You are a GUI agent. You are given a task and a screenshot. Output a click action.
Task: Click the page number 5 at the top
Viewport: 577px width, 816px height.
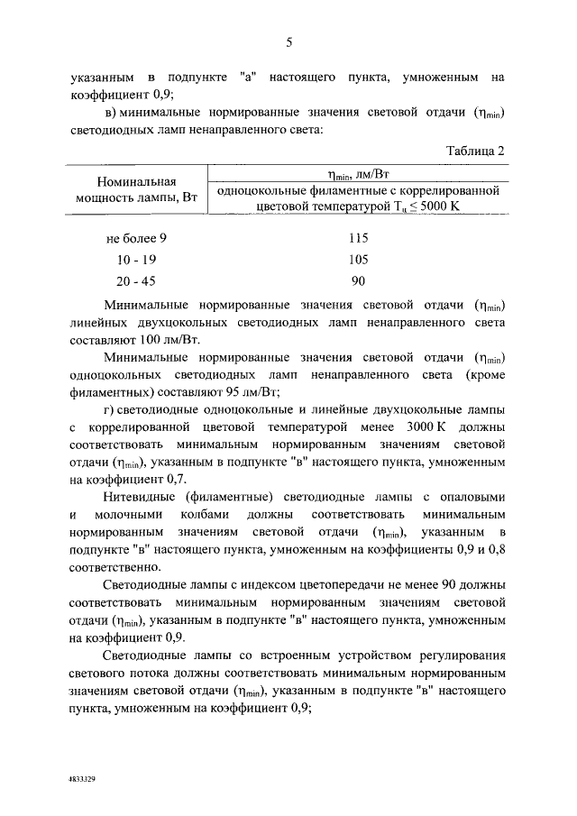(x=289, y=41)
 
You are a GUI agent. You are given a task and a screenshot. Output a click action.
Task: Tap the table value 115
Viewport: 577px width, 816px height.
(x=358, y=239)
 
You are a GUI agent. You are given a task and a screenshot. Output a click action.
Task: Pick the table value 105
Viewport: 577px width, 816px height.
(x=358, y=260)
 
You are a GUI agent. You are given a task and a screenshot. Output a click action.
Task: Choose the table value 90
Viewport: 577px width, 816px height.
(x=358, y=280)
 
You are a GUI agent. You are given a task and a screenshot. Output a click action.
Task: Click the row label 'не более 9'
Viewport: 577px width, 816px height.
(x=136, y=239)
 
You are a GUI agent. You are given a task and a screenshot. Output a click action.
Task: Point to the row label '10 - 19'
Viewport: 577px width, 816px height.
(x=136, y=260)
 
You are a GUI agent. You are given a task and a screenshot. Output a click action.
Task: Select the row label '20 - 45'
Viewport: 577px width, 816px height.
(x=136, y=280)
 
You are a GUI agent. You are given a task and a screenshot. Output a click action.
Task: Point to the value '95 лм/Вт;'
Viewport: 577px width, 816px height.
(x=253, y=391)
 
